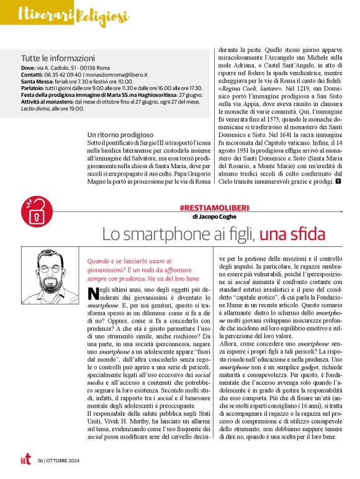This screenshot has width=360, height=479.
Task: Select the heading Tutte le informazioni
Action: click(x=58, y=58)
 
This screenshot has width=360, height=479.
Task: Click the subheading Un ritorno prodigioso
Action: click(x=120, y=134)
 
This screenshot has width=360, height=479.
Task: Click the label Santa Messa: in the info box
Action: click(x=38, y=81)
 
